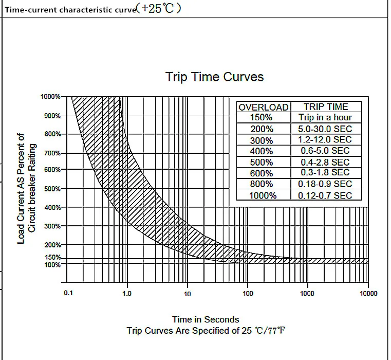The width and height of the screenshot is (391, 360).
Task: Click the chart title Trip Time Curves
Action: pyautogui.click(x=214, y=77)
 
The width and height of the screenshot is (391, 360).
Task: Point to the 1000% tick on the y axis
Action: pyautogui.click(x=51, y=97)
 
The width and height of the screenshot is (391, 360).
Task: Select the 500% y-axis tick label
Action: pyautogui.click(x=52, y=189)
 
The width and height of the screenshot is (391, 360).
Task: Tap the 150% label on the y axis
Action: pyautogui.click(x=53, y=257)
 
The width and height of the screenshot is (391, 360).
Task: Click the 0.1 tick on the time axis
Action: pyautogui.click(x=68, y=293)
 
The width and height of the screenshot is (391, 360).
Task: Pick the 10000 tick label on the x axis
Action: pyautogui.click(x=368, y=293)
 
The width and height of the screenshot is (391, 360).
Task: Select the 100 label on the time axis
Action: pyautogui.click(x=248, y=293)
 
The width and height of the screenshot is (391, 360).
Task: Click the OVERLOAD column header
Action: pyautogui.click(x=264, y=107)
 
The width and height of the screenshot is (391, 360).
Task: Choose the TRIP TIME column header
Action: pyautogui.click(x=326, y=107)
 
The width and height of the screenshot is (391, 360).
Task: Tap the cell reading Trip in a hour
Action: pyautogui.click(x=325, y=117)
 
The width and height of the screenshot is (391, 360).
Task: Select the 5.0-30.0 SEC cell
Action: pyautogui.click(x=325, y=129)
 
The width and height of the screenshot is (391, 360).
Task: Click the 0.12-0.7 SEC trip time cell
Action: pyautogui.click(x=325, y=195)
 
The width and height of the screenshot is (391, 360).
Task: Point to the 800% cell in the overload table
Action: pyautogui.click(x=262, y=184)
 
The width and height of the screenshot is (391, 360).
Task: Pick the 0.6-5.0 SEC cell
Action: pyautogui.click(x=325, y=151)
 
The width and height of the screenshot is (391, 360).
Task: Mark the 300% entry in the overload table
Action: pyautogui.click(x=262, y=140)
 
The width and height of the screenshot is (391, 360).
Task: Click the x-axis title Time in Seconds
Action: pyautogui.click(x=206, y=319)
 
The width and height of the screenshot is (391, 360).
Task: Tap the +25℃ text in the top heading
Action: pyautogui.click(x=157, y=9)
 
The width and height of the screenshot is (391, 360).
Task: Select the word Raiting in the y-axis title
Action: pyautogui.click(x=32, y=157)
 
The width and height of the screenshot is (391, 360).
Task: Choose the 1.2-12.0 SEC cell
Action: pyautogui.click(x=325, y=139)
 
